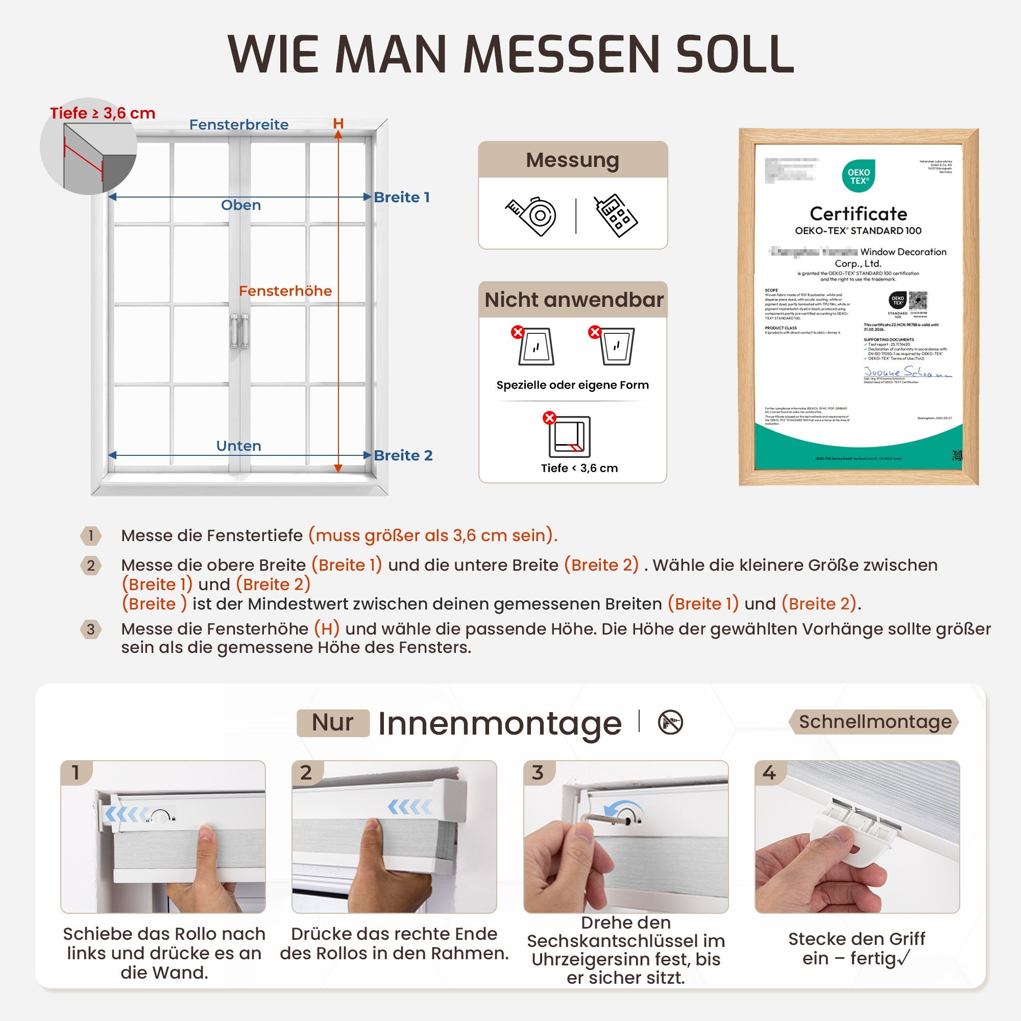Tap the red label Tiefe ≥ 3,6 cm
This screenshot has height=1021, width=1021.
pos(103,113)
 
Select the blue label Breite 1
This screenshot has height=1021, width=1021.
pos(402,197)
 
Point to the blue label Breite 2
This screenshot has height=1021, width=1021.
pos(403,455)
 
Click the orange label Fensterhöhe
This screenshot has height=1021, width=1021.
pos(285,290)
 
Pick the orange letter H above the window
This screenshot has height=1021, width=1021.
pos(338,124)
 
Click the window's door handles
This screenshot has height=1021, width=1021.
pos(239,331)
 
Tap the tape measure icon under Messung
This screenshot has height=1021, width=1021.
pos(531,216)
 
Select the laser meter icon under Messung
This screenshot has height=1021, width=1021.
pos(616,216)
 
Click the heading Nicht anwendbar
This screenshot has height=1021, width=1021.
pos(573,300)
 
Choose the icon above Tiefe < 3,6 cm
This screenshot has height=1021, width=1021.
pos(569,436)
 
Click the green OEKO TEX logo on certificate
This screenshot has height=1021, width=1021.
pos(858,177)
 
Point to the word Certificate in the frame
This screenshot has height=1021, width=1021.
pos(858,213)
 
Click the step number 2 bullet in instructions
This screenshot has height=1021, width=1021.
pos(91,566)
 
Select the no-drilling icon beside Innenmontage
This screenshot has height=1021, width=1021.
pos(670,722)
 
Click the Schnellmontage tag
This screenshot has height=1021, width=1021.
pos(874,722)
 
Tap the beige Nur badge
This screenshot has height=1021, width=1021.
pos(333,722)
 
